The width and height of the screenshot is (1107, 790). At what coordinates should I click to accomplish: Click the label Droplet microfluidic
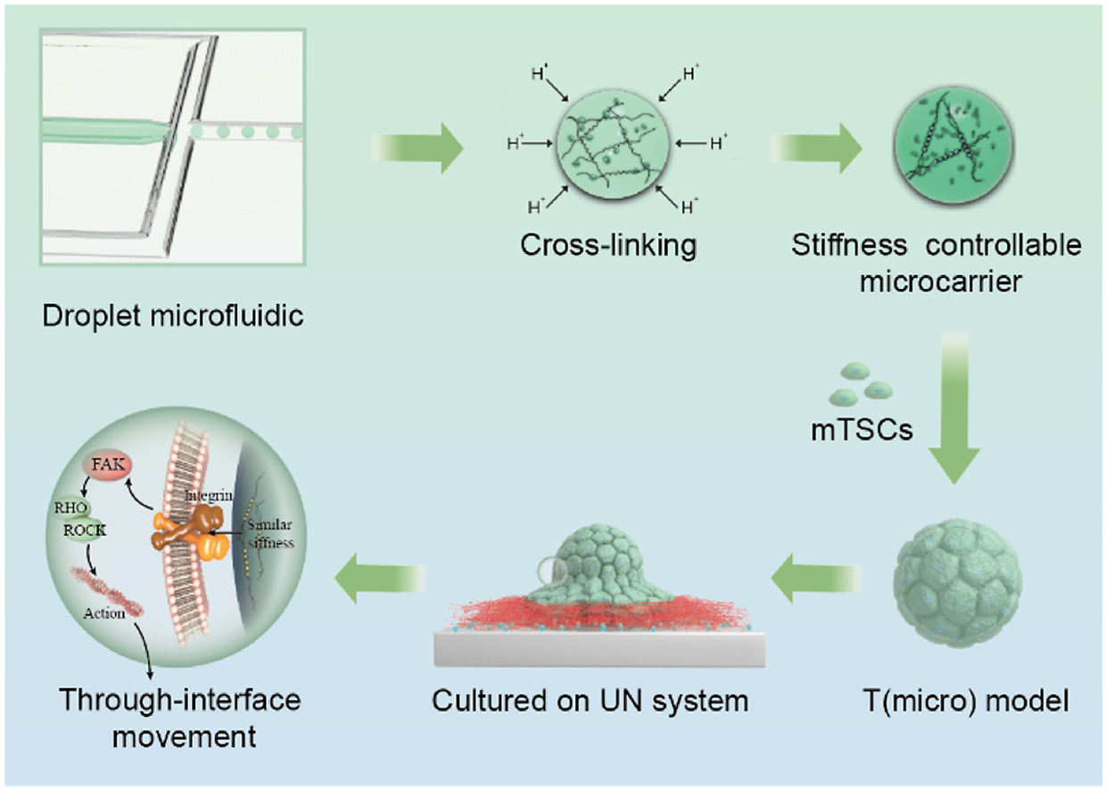[172, 317]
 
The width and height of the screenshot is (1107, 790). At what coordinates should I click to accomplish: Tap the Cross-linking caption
[608, 245]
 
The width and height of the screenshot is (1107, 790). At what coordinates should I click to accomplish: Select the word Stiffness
[849, 245]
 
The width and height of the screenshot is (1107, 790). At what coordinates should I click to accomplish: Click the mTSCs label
[862, 430]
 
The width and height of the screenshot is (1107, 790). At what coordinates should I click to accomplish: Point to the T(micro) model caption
[966, 701]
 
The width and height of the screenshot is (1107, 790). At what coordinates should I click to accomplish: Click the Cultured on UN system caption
[590, 701]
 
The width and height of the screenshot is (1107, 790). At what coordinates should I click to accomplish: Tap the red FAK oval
[108, 465]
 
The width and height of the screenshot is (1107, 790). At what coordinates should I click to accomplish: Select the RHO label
[71, 508]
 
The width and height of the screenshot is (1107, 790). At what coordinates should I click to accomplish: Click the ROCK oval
[85, 531]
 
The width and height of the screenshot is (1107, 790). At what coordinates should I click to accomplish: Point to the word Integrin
[208, 496]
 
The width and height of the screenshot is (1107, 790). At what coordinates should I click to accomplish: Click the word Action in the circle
[104, 613]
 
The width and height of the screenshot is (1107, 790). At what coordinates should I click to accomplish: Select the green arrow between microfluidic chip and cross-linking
[417, 148]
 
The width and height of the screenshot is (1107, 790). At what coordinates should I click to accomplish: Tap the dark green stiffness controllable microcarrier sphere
[954, 145]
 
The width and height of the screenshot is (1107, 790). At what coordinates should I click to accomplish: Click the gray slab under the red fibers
[599, 649]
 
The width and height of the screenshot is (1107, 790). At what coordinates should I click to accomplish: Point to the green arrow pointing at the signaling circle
[381, 578]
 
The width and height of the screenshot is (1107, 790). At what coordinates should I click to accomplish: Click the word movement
[184, 737]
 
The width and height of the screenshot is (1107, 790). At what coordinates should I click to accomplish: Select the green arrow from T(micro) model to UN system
[816, 578]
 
